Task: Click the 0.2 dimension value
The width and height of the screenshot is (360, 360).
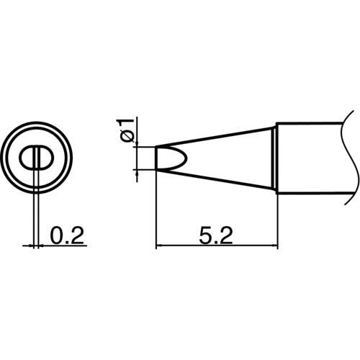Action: [x=66, y=234]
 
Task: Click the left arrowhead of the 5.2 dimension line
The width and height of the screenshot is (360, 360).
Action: [x=161, y=247]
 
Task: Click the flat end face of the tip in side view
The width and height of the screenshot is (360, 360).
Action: [x=156, y=158]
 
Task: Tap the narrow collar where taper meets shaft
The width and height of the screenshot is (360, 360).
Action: [x=276, y=158]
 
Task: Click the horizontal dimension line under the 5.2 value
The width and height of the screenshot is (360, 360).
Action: [x=217, y=247]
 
